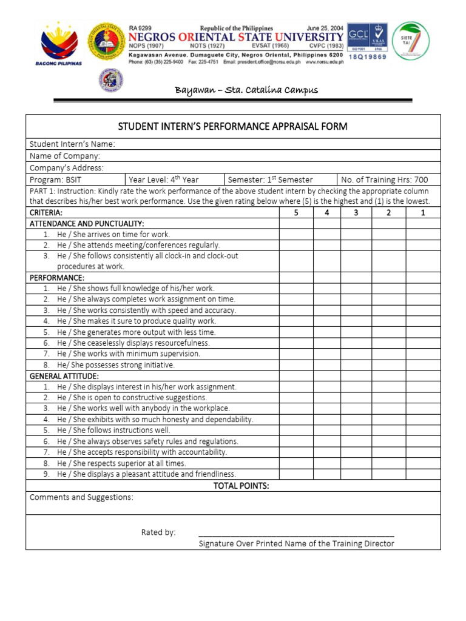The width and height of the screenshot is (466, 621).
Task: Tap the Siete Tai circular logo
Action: coord(410,41)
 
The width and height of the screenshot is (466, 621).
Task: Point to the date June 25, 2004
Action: coord(325,28)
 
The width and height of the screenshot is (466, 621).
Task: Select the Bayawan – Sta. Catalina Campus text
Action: coord(246,90)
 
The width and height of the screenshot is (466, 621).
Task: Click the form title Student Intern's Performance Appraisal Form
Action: coord(233,126)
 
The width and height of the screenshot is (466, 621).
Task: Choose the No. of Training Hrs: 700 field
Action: coord(384,180)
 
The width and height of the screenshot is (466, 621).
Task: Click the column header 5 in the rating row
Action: coord(296,213)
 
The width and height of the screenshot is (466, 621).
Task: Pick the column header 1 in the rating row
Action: coord(423,213)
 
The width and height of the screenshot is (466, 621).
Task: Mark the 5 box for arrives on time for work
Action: coord(296,234)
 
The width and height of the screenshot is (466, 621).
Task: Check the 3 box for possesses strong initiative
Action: coord(356,365)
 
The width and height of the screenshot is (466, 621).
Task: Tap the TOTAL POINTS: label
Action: coord(241,486)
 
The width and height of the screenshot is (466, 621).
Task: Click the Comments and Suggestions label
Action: coord(82,497)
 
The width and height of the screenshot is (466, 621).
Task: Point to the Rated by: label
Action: coord(158,532)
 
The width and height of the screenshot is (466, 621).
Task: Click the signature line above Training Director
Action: coord(296,536)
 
